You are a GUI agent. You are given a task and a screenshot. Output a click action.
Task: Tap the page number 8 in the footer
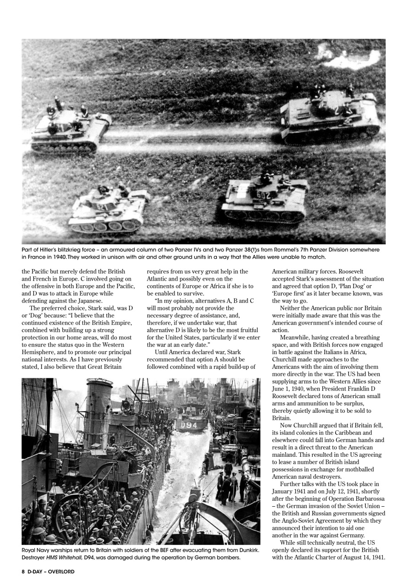[x=23, y=571]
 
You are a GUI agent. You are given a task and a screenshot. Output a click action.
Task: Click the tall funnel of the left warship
[x=98, y=408]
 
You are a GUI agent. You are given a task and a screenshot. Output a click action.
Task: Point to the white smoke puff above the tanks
[x=353, y=57]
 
